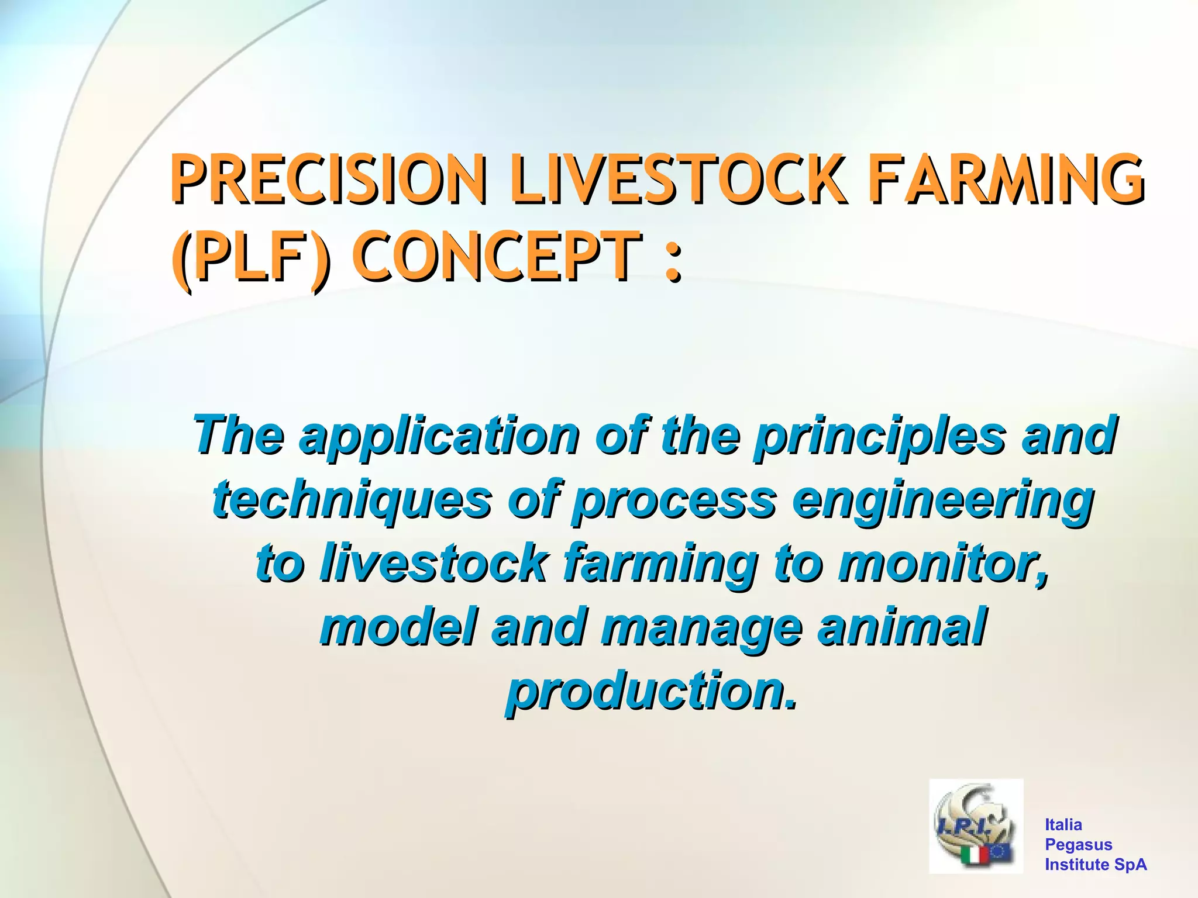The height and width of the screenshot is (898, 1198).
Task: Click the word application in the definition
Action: coord(439,436)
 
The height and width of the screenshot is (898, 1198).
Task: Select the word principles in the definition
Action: coord(880,436)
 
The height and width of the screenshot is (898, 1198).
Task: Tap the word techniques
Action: coord(351,500)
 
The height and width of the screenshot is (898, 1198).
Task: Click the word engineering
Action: coord(942,500)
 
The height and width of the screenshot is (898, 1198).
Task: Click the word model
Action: coord(398,627)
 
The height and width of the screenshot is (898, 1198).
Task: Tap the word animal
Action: coord(901,627)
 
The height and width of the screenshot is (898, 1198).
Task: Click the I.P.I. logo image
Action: coord(976,825)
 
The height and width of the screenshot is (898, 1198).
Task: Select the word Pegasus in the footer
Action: coord(1078,844)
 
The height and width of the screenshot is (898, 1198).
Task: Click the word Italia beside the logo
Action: coord(1063,824)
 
